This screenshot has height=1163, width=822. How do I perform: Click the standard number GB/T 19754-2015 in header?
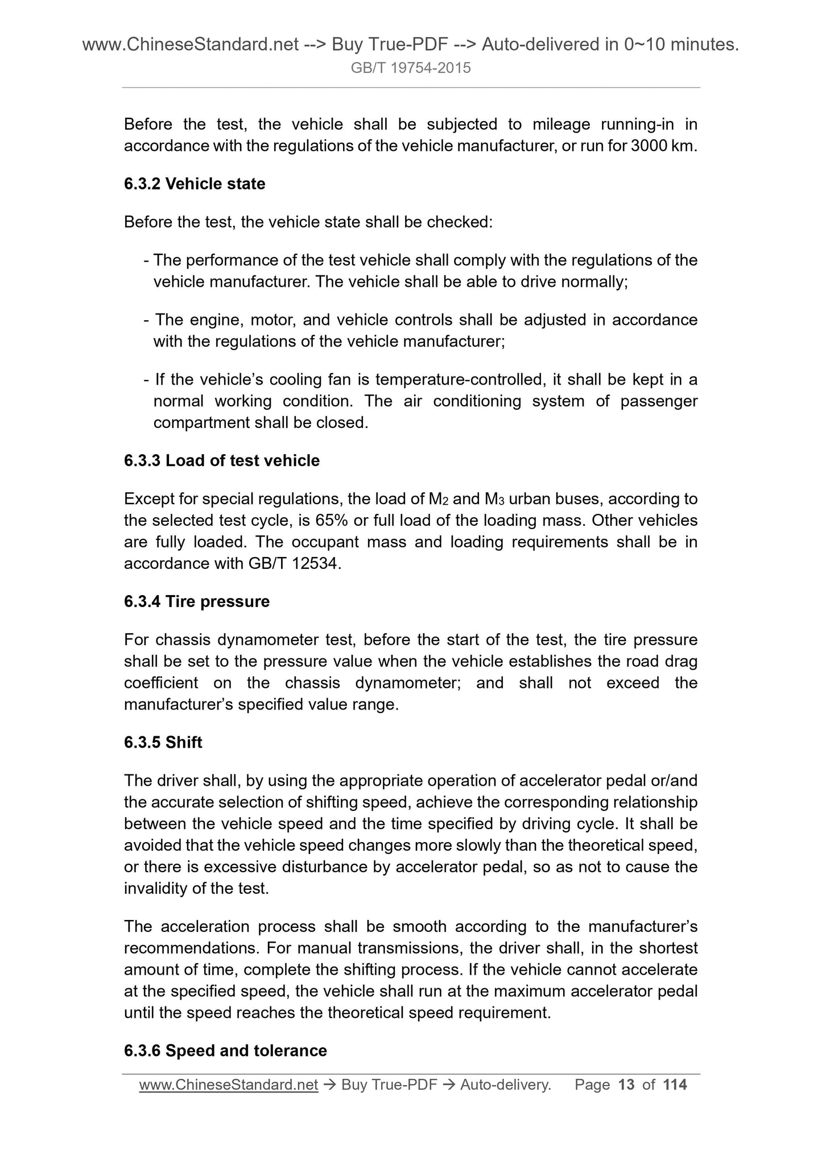[411, 68]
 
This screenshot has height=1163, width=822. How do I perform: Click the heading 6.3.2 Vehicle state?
[195, 184]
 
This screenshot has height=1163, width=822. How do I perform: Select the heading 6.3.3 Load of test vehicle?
[222, 460]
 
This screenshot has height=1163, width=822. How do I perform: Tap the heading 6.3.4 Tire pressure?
[197, 601]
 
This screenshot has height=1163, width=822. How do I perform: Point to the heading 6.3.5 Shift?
[163, 743]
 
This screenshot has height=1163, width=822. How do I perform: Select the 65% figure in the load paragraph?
[333, 521]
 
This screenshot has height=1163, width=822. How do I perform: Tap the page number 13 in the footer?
[626, 1085]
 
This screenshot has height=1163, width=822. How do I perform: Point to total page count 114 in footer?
[675, 1085]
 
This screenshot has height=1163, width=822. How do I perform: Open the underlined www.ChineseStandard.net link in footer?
[228, 1085]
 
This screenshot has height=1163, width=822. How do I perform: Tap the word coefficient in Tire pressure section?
[161, 683]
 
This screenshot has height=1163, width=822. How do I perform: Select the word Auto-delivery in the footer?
[505, 1085]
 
